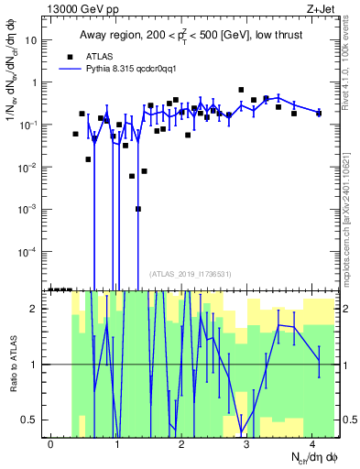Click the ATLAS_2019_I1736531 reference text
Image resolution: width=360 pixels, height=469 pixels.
191,274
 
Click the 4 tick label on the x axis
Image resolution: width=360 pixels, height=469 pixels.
312,444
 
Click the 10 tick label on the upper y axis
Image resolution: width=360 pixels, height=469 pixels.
34,40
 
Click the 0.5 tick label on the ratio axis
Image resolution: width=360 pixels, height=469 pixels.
34,420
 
